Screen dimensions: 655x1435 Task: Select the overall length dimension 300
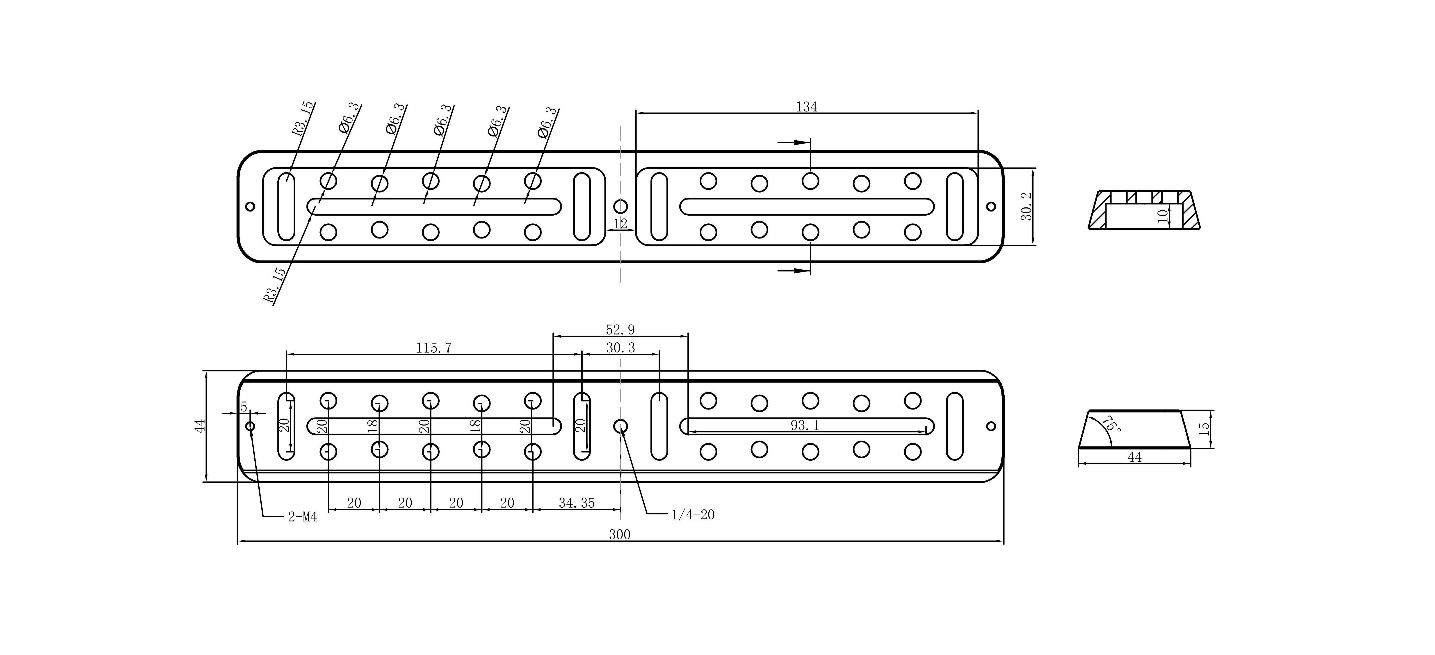619,535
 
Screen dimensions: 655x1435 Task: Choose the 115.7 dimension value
434,348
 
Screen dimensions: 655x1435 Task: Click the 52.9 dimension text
620,330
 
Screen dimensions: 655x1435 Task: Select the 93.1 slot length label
805,425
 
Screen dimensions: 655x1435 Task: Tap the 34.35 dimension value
577,503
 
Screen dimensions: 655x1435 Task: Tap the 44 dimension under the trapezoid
1134,457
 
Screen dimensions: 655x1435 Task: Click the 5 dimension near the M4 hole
243,407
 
